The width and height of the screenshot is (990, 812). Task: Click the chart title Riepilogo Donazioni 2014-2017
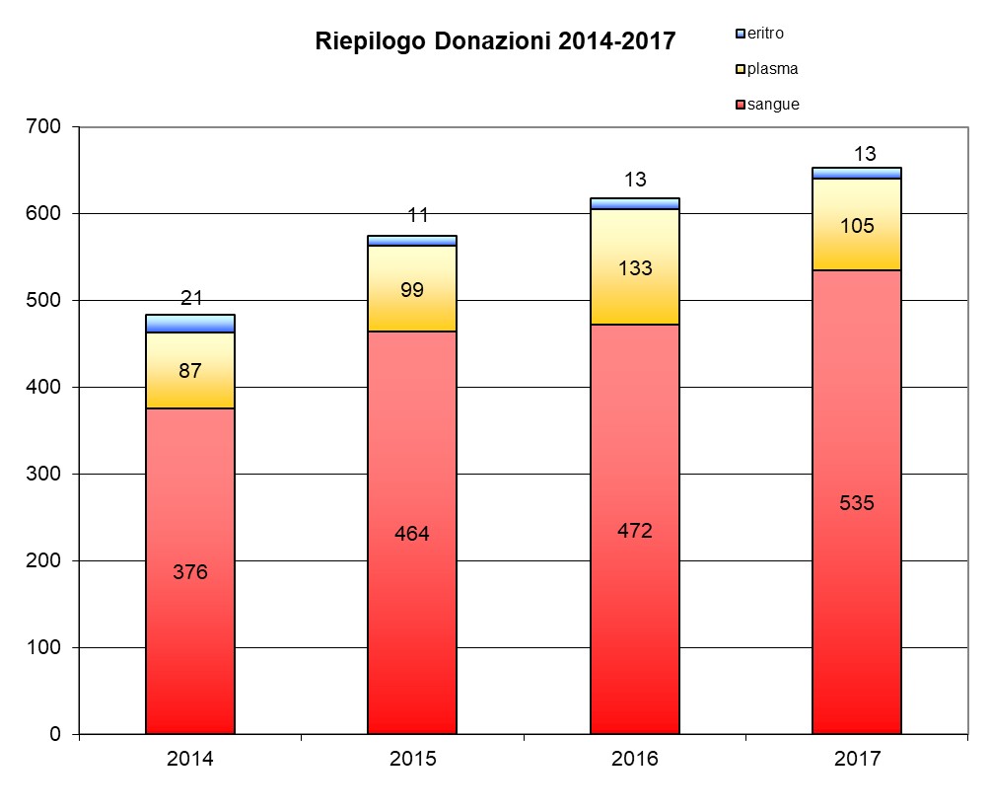[x=495, y=41]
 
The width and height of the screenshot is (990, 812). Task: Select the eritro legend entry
[x=765, y=34]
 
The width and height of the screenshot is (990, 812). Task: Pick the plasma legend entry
[x=772, y=69]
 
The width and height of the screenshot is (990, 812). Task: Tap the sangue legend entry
[x=773, y=104]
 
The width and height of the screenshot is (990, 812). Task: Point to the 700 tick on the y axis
[x=44, y=127]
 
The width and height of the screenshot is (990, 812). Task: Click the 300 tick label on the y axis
[x=44, y=475]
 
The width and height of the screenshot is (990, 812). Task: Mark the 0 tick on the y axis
[x=54, y=735]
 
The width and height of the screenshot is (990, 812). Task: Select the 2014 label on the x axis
[x=190, y=760]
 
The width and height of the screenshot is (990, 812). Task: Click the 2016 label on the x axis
[x=635, y=760]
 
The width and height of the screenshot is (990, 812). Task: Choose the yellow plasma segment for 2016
[x=635, y=296]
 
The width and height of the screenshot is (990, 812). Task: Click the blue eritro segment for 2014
[x=190, y=324]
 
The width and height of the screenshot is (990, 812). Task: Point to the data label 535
[x=857, y=502]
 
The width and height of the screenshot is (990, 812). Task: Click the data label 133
[x=635, y=268]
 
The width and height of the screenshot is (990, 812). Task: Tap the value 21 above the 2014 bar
[x=191, y=298]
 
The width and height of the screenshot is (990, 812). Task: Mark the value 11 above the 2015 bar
[x=418, y=215]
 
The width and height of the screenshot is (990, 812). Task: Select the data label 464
[x=412, y=534]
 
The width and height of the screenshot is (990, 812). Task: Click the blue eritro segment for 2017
[x=857, y=173]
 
